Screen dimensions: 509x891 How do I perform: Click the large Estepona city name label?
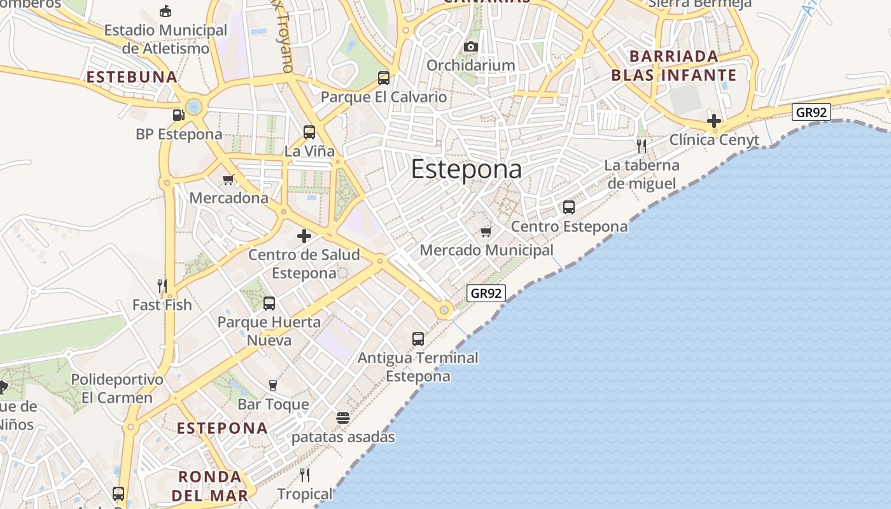coord(467,169)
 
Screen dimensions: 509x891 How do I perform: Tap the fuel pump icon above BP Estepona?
coord(179,115)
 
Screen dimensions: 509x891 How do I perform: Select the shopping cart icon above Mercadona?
coord(228,179)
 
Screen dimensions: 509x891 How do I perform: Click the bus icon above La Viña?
coord(309,132)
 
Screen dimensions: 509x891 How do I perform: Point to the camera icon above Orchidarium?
coord(471,46)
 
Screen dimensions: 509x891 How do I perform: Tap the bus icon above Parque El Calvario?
coord(384,78)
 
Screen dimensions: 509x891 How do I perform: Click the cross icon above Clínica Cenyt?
coord(714,121)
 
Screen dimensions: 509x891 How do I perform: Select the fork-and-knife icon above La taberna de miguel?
coord(642,146)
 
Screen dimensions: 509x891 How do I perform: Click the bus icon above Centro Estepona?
coord(569,207)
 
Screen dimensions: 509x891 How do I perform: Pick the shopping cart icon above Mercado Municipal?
coord(486,232)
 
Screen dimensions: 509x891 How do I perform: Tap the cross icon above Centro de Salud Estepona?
coord(304,236)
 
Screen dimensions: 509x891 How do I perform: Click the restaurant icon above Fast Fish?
coord(162,286)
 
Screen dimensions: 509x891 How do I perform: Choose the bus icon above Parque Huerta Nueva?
coord(269,303)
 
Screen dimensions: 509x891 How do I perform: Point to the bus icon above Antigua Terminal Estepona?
coord(418,339)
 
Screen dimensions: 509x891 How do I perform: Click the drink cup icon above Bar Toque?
coord(273,386)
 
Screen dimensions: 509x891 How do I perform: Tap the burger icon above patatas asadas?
coord(343,418)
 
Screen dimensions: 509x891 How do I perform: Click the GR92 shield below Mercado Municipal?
coord(486,293)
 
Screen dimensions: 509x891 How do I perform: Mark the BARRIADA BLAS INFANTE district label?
coord(673,66)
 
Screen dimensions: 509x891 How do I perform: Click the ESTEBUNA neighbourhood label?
coord(132,77)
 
